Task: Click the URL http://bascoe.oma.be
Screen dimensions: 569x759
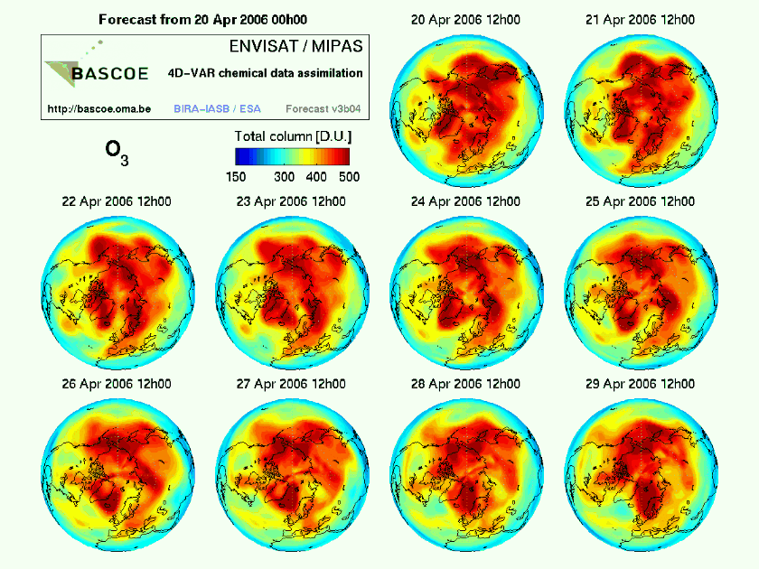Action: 98,108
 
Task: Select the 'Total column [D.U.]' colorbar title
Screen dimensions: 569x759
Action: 292,135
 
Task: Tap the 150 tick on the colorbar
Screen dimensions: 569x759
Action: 235,176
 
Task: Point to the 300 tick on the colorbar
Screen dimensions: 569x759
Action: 285,176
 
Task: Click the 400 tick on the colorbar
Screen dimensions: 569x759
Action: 317,176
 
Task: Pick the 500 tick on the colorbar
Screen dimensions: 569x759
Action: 349,176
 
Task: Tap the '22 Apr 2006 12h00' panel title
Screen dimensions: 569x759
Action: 117,201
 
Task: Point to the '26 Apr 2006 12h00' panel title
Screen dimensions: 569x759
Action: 117,384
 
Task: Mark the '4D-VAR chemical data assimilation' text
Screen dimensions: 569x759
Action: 266,73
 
